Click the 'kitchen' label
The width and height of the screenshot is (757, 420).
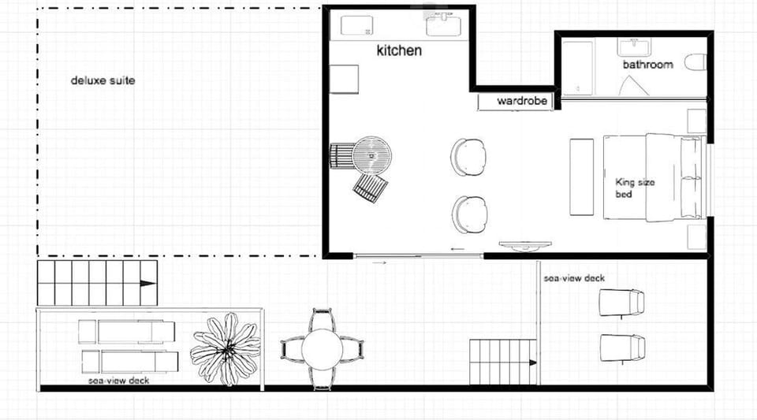coord(399,50)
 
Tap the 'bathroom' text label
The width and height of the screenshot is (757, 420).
coord(647,64)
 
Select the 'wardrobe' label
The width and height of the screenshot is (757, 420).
coord(521,102)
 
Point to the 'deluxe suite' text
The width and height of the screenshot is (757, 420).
coord(103,80)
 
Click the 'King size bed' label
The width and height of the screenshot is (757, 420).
coord(634,188)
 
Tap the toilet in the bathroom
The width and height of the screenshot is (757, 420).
coord(694,62)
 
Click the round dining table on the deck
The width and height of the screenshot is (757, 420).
coord(322,349)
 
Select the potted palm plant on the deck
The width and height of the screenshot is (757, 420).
coord(226,348)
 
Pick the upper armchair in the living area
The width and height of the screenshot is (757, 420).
coord(469,157)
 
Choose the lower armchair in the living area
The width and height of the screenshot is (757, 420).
coord(470,214)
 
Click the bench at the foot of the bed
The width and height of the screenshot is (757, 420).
coord(581,177)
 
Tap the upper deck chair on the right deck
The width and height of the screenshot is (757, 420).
coord(621,302)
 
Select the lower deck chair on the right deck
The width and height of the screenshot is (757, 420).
coord(621,348)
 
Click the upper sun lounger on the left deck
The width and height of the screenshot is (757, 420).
coord(126,332)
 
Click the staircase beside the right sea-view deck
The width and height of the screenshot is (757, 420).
coord(502,362)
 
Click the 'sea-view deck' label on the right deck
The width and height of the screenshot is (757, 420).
coord(574,278)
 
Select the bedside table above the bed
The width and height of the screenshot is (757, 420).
coord(696,121)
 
